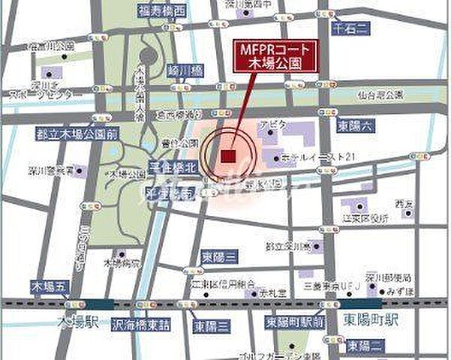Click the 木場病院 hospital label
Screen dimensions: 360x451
click(121, 264)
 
